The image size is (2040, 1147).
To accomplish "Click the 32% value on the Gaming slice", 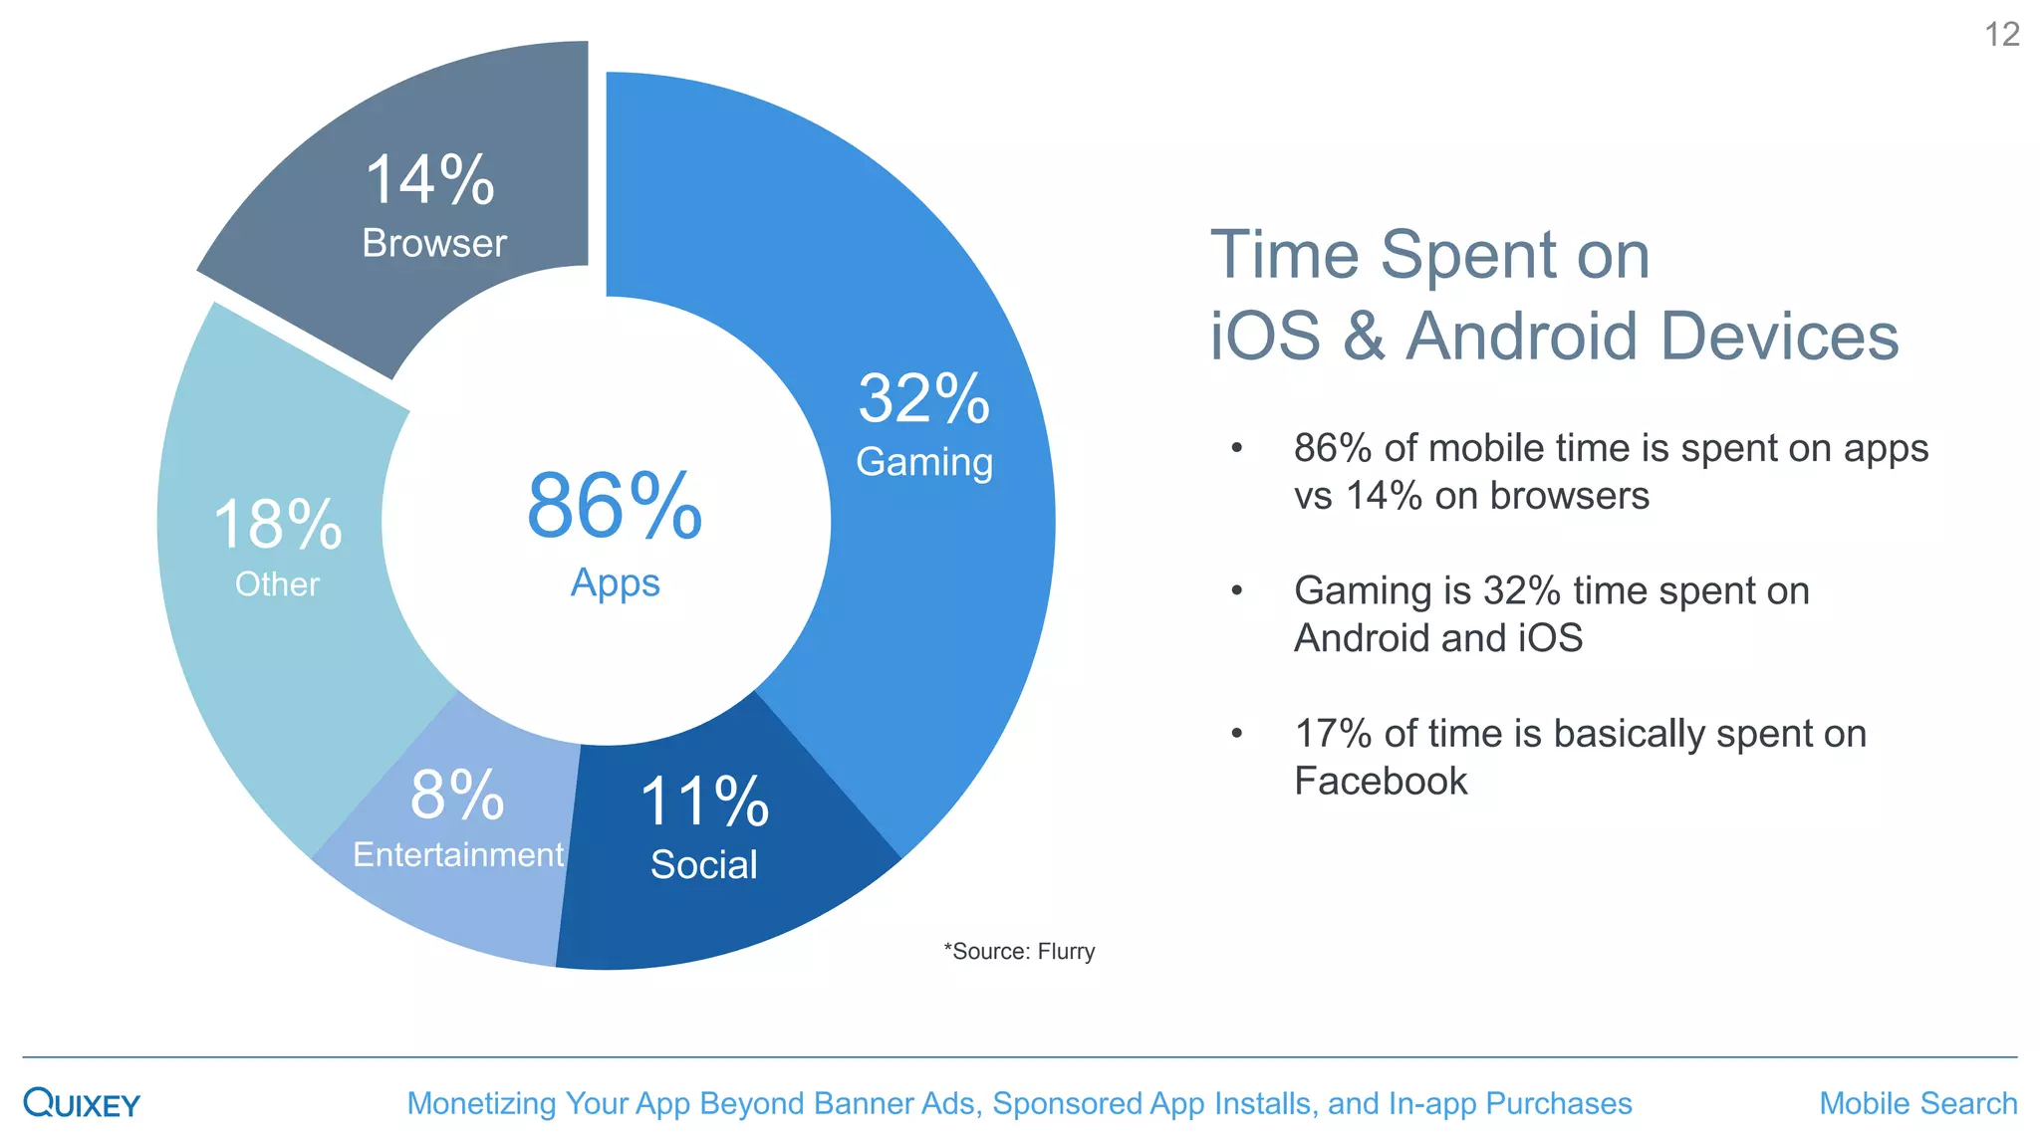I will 923,399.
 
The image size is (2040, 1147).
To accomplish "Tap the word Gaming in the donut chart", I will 924,462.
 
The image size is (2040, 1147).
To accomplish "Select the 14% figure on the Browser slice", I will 429,180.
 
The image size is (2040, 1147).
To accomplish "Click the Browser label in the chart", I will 434,244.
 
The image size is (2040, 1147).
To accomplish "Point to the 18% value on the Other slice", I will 278,525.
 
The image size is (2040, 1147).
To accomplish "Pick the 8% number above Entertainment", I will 457,795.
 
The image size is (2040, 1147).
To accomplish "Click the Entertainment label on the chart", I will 458,854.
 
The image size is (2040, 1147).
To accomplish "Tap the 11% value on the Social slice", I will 704,802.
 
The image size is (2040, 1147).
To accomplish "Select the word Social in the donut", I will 704,864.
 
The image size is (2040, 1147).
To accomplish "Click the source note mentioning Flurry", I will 1019,952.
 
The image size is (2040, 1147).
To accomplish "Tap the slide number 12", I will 2001,35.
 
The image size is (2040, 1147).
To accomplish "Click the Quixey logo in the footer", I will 82,1103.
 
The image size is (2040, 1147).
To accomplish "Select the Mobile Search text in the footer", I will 1917,1103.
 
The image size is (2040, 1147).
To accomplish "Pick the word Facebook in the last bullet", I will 1381,782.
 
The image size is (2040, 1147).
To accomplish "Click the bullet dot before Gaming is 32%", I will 1236,591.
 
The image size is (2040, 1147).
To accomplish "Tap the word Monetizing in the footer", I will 481,1103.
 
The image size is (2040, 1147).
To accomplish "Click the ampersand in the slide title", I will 1364,337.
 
